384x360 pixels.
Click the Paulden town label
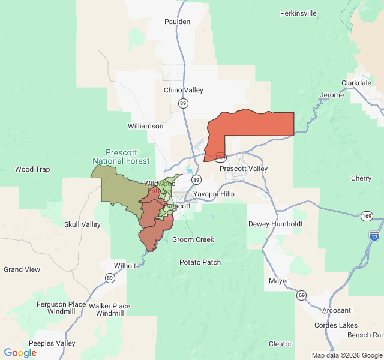(177, 22)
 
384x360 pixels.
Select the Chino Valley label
(184, 90)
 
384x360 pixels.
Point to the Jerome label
(332, 95)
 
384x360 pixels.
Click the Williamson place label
(145, 126)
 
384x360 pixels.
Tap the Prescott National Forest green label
(121, 157)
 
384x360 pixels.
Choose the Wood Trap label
(32, 169)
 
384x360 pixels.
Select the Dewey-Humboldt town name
(275, 224)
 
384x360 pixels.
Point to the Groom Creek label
(193, 239)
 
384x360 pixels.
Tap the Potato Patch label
(200, 262)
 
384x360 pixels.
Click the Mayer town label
(278, 281)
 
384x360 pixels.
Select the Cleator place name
(280, 344)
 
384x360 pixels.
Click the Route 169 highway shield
(366, 215)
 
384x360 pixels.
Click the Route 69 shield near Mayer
(301, 295)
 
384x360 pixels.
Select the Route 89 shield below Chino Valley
(182, 104)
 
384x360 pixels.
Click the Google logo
(20, 352)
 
